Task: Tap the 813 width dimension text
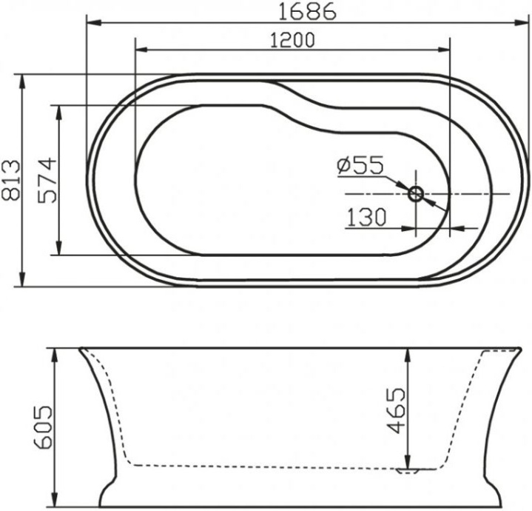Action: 11,181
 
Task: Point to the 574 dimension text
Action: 47,181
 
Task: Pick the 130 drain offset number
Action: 366,217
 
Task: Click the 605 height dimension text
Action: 42,427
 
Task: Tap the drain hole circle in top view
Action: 417,194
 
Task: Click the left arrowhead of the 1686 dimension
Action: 92,23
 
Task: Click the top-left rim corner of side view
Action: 80,348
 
